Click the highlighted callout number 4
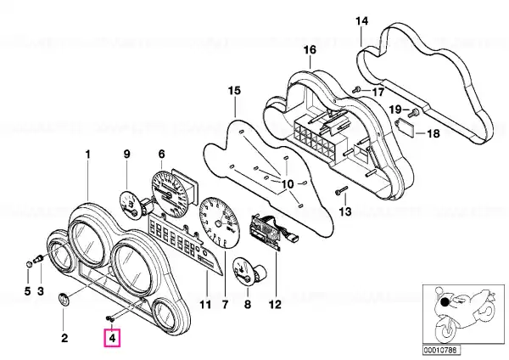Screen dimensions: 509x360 [x=112, y=338]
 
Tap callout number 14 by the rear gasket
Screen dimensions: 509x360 [x=362, y=21]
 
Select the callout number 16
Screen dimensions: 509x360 [x=310, y=50]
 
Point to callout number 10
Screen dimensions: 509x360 [x=288, y=184]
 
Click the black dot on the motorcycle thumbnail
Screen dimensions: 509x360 [x=445, y=302]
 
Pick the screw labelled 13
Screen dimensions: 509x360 [x=341, y=191]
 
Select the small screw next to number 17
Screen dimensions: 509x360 [x=356, y=89]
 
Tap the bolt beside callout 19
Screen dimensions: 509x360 [x=414, y=113]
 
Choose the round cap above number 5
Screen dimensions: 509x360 [x=29, y=263]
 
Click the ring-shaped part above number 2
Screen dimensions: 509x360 [x=64, y=299]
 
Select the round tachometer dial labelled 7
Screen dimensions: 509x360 [x=219, y=223]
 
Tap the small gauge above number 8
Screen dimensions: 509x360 [x=249, y=273]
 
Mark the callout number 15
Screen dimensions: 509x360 [x=234, y=90]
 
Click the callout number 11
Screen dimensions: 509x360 [x=204, y=305]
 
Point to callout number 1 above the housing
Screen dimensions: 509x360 [x=88, y=155]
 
